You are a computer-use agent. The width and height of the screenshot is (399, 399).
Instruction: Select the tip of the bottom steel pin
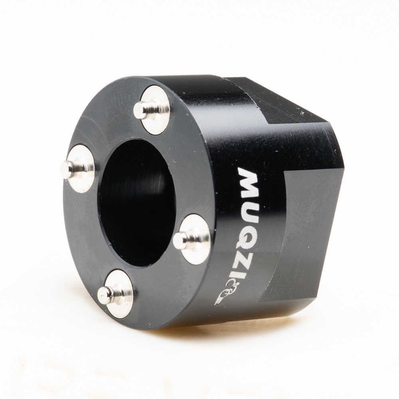coord(104,293)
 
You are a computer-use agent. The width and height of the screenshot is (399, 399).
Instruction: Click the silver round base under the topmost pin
coord(155,109)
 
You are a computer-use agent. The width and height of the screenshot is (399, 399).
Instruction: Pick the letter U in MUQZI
coord(247,206)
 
